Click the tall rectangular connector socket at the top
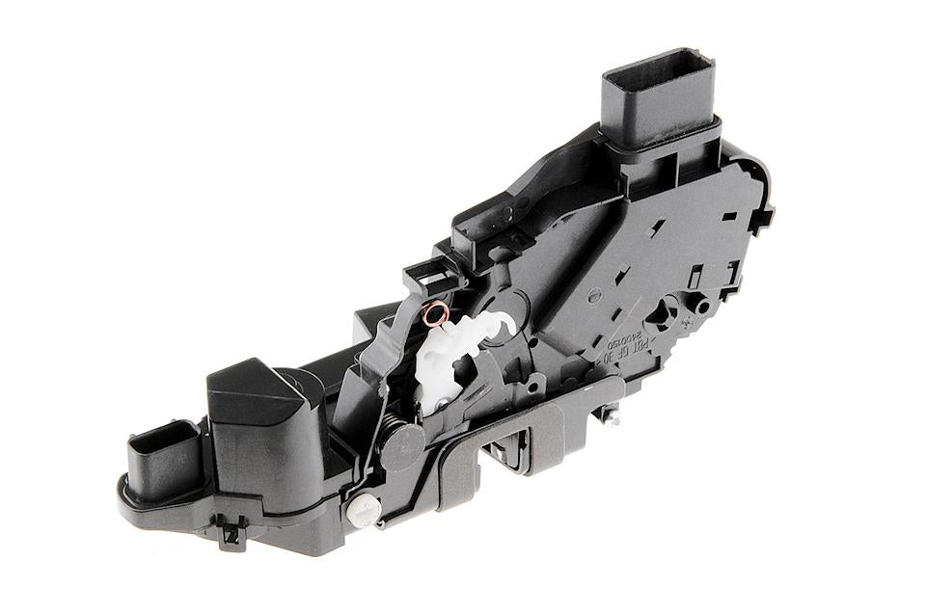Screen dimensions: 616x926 coord(660,96)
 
